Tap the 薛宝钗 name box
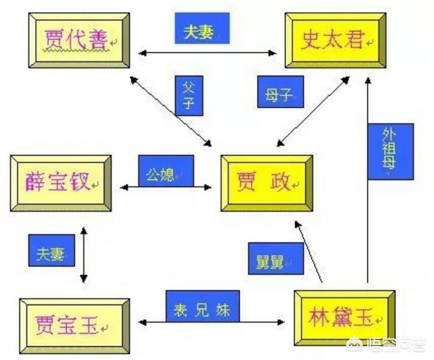pos(60,182)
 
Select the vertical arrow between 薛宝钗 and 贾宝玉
pos(83,254)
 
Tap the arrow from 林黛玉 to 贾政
pos(309,251)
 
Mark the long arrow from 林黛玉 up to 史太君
pos(367,203)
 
